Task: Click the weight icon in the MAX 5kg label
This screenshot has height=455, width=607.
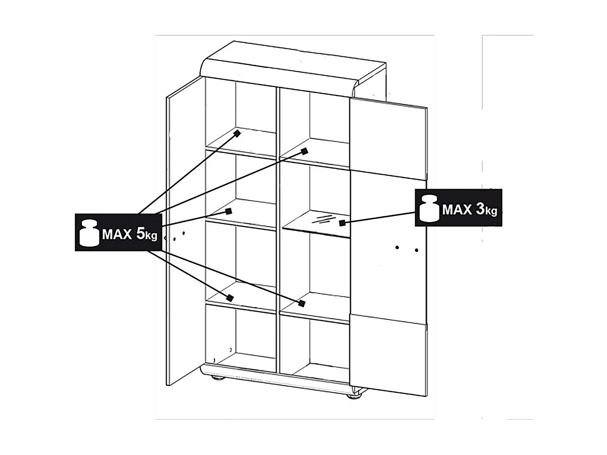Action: coord(89,233)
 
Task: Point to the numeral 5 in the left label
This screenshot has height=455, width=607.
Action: coord(141,234)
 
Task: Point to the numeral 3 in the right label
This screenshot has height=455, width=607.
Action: coord(480,209)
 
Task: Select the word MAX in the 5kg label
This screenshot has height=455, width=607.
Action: coord(117,234)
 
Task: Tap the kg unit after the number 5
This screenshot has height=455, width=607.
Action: coord(151,236)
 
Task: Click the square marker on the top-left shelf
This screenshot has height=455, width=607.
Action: coord(237,134)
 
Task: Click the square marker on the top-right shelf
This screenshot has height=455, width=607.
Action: coord(304,151)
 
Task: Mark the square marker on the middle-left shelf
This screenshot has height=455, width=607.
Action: coord(228,212)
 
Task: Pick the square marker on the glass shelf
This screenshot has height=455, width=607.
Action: coord(342,223)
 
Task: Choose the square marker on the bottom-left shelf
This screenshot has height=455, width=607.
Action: coord(230,298)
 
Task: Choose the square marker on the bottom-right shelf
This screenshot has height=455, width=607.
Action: coord(302,303)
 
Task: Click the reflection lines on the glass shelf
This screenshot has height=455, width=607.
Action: coord(323,219)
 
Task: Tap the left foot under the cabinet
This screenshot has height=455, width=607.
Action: coord(217,378)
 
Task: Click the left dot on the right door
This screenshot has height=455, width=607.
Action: coord(397,247)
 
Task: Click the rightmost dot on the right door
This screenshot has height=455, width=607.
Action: coord(417,250)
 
